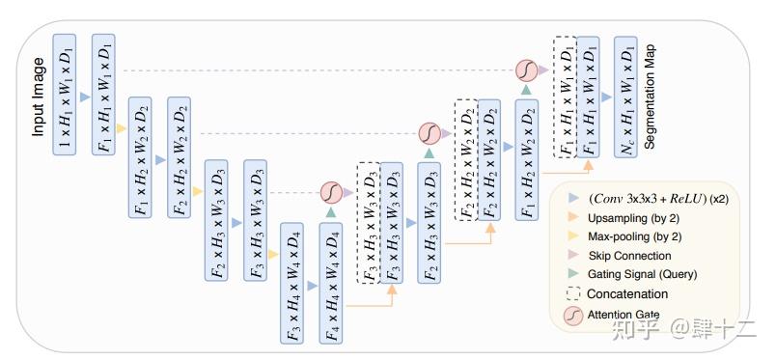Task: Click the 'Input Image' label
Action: pyautogui.click(x=40, y=97)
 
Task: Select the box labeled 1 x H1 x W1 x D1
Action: pyautogui.click(x=64, y=97)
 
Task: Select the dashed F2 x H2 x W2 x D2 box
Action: pyautogui.click(x=466, y=159)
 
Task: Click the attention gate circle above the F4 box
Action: pyautogui.click(x=330, y=191)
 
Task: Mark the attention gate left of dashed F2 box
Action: pyautogui.click(x=429, y=131)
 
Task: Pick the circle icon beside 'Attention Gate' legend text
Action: pyautogui.click(x=573, y=316)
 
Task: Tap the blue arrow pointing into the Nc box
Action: pyautogui.click(x=604, y=97)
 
